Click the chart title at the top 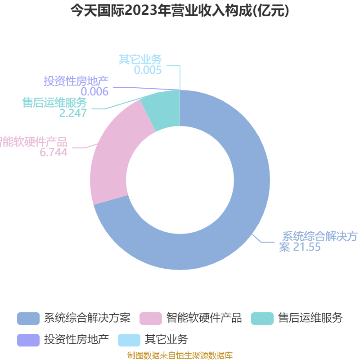(180, 11)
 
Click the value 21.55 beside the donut (307, 247)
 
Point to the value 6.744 (54, 153)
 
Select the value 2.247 (73, 113)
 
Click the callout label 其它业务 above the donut (140, 59)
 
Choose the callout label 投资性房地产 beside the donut (76, 81)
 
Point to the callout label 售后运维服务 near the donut (54, 103)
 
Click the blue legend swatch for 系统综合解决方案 (28, 318)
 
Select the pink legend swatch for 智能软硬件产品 (151, 318)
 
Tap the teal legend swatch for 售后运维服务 (262, 318)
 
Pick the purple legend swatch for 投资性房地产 (28, 340)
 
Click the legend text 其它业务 (166, 339)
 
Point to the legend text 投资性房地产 (76, 339)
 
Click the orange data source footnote (180, 355)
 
